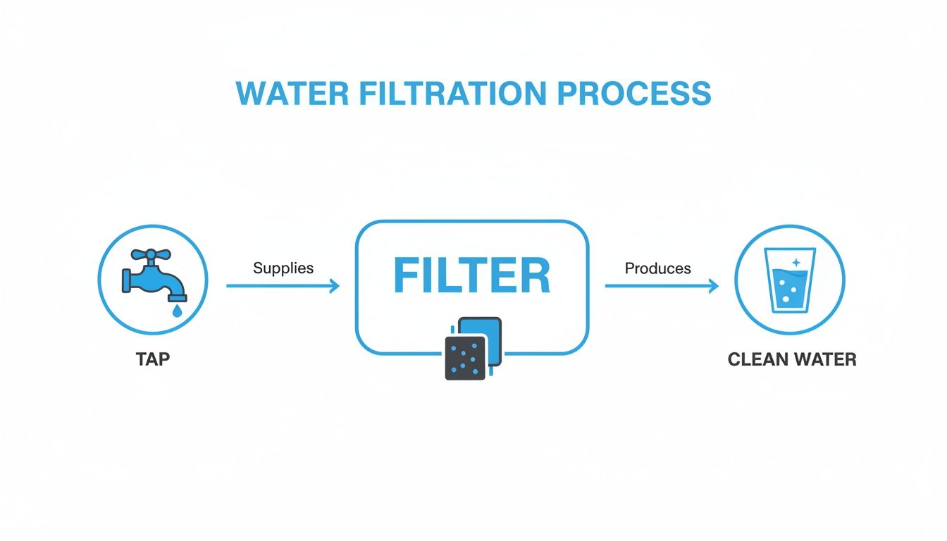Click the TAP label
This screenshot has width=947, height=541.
pos(153,359)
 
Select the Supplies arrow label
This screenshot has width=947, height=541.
pos(283,268)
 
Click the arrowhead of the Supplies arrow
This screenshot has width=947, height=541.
pos(335,286)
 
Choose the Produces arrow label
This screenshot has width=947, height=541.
pos(658,268)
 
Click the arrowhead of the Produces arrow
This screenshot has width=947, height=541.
pos(714,286)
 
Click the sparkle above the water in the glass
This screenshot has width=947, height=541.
pos(796,263)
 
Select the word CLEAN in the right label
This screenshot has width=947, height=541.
pos(757,359)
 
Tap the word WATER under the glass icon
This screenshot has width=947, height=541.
pos(824,359)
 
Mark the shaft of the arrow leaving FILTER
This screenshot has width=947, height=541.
pos(655,286)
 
